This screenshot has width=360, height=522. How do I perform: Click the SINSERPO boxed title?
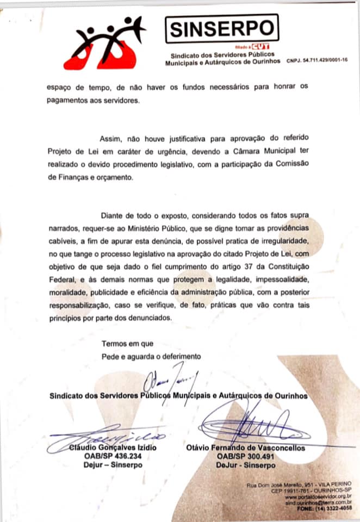[x=221, y=28]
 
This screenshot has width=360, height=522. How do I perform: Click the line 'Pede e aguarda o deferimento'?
[x=151, y=357]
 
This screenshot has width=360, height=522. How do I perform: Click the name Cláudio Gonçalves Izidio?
[x=112, y=448]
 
